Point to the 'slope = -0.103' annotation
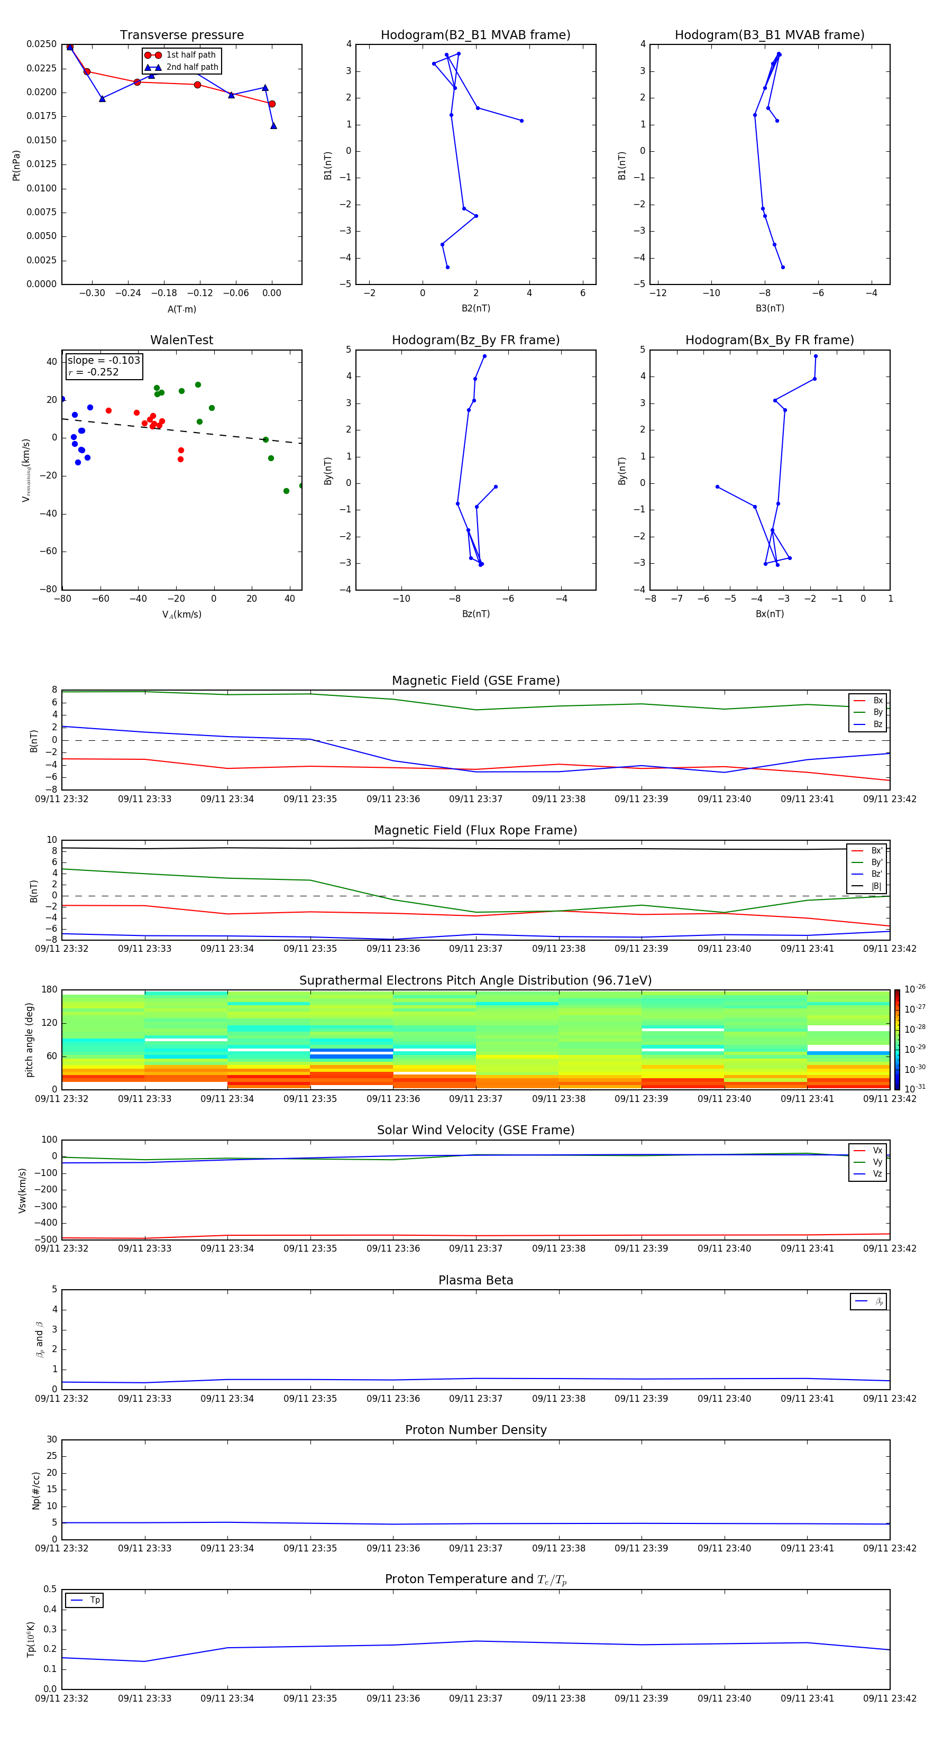pos(104,361)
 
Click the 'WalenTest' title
pos(181,340)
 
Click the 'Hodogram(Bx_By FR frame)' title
pos(769,340)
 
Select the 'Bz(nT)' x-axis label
pos(475,614)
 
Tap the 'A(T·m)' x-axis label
pos(181,309)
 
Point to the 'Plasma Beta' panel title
pos(475,1280)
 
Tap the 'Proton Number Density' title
pos(475,1430)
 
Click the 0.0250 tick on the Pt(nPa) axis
pos(41,44)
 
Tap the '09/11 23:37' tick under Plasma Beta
pos(475,1398)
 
